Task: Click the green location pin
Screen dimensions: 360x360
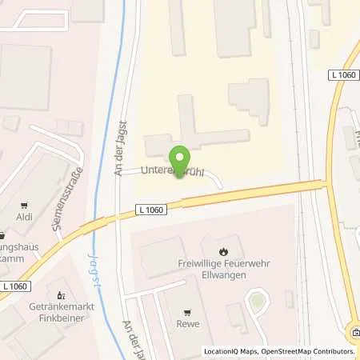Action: pyautogui.click(x=180, y=159)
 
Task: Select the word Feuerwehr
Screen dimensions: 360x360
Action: pyautogui.click(x=246, y=263)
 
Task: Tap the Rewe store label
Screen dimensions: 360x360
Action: pyautogui.click(x=189, y=325)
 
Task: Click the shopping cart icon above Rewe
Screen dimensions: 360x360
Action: pyautogui.click(x=189, y=313)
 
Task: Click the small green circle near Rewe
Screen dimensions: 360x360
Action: pyautogui.click(x=255, y=302)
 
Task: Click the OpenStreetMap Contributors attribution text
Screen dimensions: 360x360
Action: pyautogui.click(x=307, y=351)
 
